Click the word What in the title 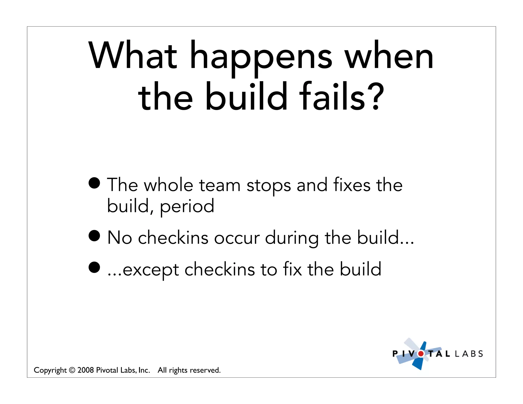click(133, 55)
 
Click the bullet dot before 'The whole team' click(94, 183)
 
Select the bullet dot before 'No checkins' click(94, 236)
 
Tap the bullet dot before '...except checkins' click(94, 267)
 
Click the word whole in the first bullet click(168, 185)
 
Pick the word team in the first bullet click(220, 185)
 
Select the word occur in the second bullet click(237, 238)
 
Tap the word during click(292, 238)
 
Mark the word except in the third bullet click(151, 270)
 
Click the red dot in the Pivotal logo click(421, 354)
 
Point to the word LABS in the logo click(469, 354)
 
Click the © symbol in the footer click(72, 370)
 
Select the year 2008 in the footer click(86, 370)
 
